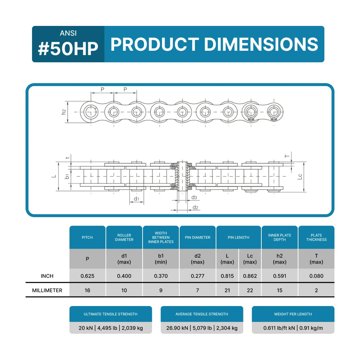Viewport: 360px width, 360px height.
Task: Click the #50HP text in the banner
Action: point(68,49)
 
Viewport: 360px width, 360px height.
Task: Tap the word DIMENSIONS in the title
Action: point(261,44)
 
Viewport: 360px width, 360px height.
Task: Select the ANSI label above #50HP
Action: point(68,33)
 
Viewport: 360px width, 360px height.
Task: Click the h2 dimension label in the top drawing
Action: point(64,112)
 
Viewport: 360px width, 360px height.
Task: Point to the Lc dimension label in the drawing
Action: point(300,176)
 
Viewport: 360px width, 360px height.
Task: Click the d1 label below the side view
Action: point(136,199)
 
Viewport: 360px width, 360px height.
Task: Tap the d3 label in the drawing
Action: point(194,197)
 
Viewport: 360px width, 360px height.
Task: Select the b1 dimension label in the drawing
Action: point(67,176)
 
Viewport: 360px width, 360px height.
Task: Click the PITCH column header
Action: point(87,237)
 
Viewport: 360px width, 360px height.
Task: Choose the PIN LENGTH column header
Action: point(239,237)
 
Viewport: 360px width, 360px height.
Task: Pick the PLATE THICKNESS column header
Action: point(316,237)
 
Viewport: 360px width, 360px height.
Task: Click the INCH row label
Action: point(47,276)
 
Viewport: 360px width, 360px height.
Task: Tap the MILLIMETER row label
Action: point(47,291)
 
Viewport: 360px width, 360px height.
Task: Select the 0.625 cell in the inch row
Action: point(87,276)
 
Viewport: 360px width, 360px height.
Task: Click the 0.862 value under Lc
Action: point(250,276)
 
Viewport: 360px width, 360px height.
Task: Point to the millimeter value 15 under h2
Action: point(280,291)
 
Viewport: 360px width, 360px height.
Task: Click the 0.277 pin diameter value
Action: point(198,276)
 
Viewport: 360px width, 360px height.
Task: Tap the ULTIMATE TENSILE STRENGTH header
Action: point(111,314)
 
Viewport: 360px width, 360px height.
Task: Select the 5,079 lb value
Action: point(202,328)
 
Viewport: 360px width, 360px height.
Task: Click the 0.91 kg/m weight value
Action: point(311,328)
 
